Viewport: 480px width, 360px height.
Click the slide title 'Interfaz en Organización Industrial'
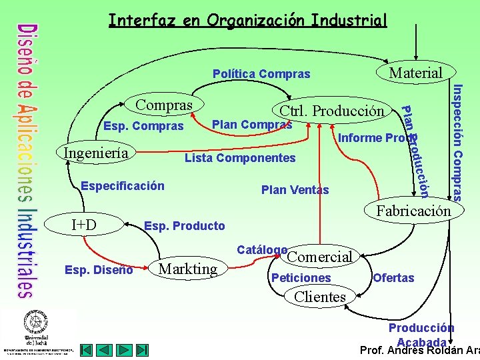[x=247, y=21]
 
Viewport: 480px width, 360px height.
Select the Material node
[x=415, y=72]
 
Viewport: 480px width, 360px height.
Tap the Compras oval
[x=164, y=105]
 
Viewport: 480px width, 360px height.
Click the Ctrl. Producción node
[x=331, y=111]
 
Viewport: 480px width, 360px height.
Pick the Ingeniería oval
[x=96, y=153]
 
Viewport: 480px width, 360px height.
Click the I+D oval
[x=84, y=225]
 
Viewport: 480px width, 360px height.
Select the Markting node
[x=189, y=269]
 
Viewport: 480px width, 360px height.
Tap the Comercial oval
[x=319, y=257]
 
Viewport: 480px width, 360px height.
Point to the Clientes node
[x=320, y=297]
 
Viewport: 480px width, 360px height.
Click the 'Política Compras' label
[x=261, y=73]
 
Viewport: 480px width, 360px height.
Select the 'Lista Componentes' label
[x=240, y=158]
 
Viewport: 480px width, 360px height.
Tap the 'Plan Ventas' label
[x=295, y=190]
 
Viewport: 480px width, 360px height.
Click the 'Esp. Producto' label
[x=185, y=226]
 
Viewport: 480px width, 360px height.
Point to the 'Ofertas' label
[x=393, y=278]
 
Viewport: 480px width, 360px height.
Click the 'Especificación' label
[x=122, y=185]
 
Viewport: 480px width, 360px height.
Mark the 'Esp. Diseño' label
[x=99, y=270]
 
